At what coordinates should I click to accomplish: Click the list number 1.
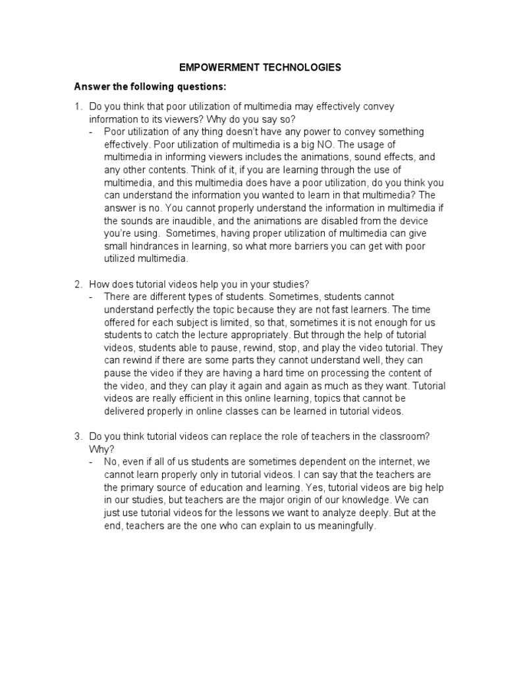77,106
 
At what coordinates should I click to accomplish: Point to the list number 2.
77,284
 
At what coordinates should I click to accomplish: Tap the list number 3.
77,437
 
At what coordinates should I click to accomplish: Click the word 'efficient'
200,399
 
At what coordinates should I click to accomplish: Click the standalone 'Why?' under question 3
100,450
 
